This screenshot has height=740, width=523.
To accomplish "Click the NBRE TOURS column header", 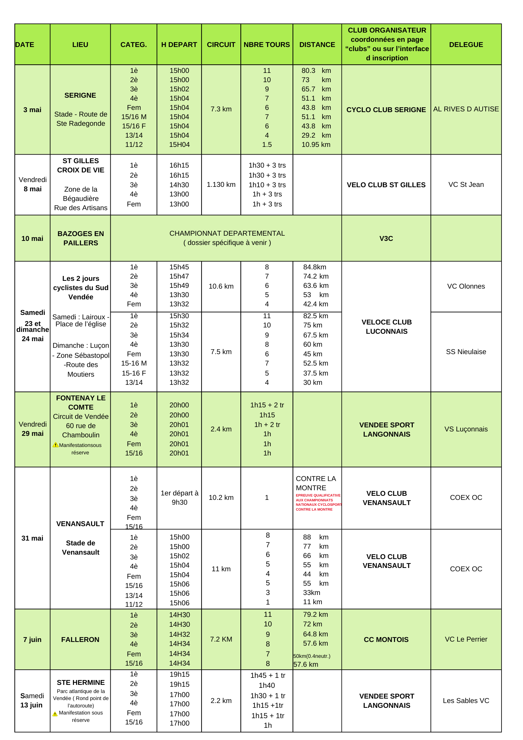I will pos(267,45).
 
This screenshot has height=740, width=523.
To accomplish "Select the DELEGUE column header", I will pos(466,45).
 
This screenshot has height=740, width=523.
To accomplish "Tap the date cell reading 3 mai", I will pos(32,110).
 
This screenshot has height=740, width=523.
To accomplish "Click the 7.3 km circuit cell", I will pos(221,109).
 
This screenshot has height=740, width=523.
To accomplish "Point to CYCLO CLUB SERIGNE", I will pos(386,110).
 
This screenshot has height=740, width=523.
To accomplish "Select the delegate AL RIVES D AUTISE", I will pos(466,109).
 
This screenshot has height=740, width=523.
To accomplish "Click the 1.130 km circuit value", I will pos(221,185).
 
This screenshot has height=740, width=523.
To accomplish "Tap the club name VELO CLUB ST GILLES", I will pos(386,185).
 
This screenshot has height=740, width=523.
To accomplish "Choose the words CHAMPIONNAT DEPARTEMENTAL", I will pos(227,233).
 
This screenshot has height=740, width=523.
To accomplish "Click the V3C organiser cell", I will pos(386,239).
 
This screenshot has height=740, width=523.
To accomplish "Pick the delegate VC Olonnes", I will pos(466,286).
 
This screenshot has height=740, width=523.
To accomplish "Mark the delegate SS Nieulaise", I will pos(466,352).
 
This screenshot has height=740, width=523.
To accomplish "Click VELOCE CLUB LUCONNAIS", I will pos(387,327).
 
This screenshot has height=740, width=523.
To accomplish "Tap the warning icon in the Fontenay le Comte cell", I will pos(55,445).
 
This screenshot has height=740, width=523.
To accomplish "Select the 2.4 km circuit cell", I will pos(221,429).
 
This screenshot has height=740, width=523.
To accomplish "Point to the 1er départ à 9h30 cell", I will pos(179,498).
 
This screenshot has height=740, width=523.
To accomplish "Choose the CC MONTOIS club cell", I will pos(386,640).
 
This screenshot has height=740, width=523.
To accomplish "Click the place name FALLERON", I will pos(80,640).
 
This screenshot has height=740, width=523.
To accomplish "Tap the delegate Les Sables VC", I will pos(466,701).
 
